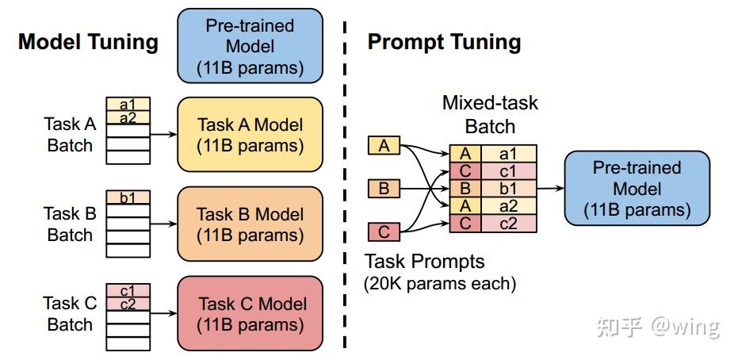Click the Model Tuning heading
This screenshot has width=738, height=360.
click(x=88, y=42)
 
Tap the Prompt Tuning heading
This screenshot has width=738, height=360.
click(x=444, y=42)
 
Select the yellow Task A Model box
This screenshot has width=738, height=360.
click(x=250, y=135)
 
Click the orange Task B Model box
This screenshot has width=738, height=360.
click(x=250, y=224)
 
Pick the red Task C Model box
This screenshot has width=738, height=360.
click(x=250, y=314)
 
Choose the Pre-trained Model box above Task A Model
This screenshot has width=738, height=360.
click(x=250, y=46)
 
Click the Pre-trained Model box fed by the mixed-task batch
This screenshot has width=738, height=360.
click(x=637, y=189)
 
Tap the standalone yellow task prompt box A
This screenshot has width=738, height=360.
click(x=384, y=146)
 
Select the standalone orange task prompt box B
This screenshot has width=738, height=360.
click(x=384, y=189)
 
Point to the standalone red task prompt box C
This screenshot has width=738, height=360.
click(x=384, y=232)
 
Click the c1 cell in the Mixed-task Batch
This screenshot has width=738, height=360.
click(x=507, y=171)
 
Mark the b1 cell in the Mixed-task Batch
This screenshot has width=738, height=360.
click(x=507, y=189)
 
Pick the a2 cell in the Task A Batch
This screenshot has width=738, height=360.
click(x=128, y=118)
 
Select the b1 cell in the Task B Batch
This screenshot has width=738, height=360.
click(x=128, y=198)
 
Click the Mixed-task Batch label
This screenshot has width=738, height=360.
click(x=490, y=114)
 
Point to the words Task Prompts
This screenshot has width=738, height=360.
click(x=424, y=261)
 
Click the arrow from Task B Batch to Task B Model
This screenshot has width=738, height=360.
click(x=163, y=224)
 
